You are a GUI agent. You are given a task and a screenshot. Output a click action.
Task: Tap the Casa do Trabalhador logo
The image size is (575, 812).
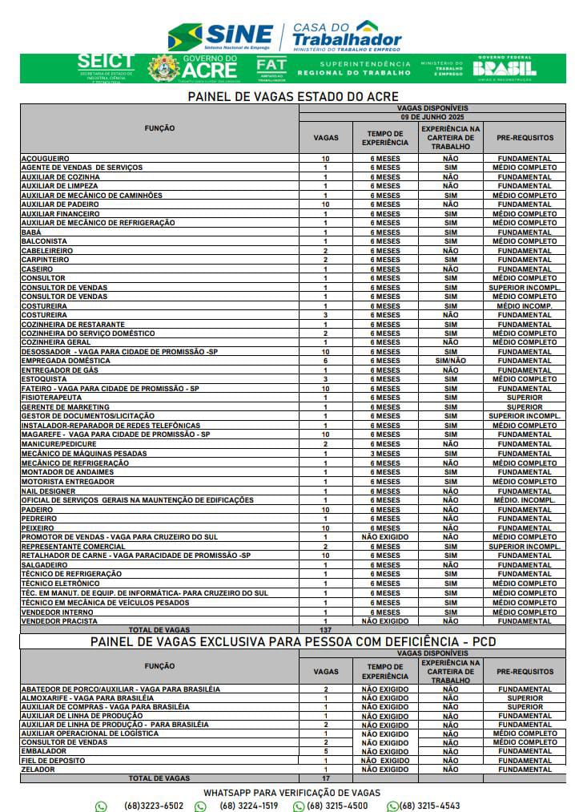tap(346, 35)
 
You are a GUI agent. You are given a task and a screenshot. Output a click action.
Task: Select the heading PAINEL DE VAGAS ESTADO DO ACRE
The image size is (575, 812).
tap(293, 96)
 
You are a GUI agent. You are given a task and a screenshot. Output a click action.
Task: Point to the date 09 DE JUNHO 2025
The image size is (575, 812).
tap(432, 117)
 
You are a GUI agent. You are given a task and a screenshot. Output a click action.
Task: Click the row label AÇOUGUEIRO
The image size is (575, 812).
tap(45, 159)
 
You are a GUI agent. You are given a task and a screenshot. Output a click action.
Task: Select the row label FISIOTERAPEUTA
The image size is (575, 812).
tap(51, 398)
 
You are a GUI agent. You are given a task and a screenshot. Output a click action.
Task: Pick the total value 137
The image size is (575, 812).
tap(325, 630)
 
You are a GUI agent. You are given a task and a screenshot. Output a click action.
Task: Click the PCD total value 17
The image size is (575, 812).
tap(325, 778)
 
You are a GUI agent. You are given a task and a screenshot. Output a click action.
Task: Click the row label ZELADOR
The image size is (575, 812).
tap(38, 770)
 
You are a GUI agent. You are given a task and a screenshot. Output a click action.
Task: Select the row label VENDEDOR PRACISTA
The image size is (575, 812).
tap(59, 621)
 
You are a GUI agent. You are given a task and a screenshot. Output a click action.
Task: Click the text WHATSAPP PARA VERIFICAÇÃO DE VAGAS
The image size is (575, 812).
tap(292, 792)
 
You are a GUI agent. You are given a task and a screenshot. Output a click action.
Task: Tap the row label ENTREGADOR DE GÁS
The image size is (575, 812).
tap(61, 370)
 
